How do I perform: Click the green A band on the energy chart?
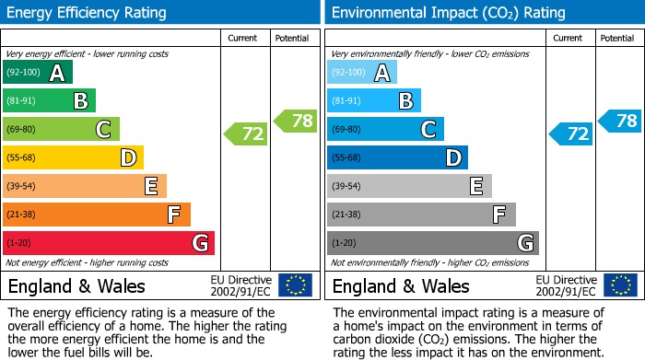click(x=37, y=73)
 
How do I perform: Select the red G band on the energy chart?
click(x=109, y=243)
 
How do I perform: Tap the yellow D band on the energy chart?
click(x=73, y=157)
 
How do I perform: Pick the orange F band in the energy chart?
click(x=97, y=215)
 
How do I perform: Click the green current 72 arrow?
click(x=246, y=134)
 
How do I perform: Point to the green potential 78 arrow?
click(x=296, y=121)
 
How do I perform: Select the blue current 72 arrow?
click(x=570, y=134)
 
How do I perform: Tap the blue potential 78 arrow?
click(x=620, y=121)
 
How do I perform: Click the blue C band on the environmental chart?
click(x=385, y=129)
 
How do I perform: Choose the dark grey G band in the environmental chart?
click(x=432, y=243)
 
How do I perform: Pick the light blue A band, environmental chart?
click(x=362, y=73)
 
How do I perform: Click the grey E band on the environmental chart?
click(x=409, y=186)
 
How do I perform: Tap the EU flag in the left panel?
click(x=295, y=285)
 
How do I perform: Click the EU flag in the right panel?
click(x=619, y=285)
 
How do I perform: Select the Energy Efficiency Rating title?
click(x=88, y=13)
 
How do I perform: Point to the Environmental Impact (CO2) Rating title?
click(x=448, y=13)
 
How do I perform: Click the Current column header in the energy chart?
click(x=244, y=38)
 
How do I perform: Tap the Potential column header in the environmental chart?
click(x=617, y=38)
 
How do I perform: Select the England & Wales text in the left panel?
click(x=76, y=285)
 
